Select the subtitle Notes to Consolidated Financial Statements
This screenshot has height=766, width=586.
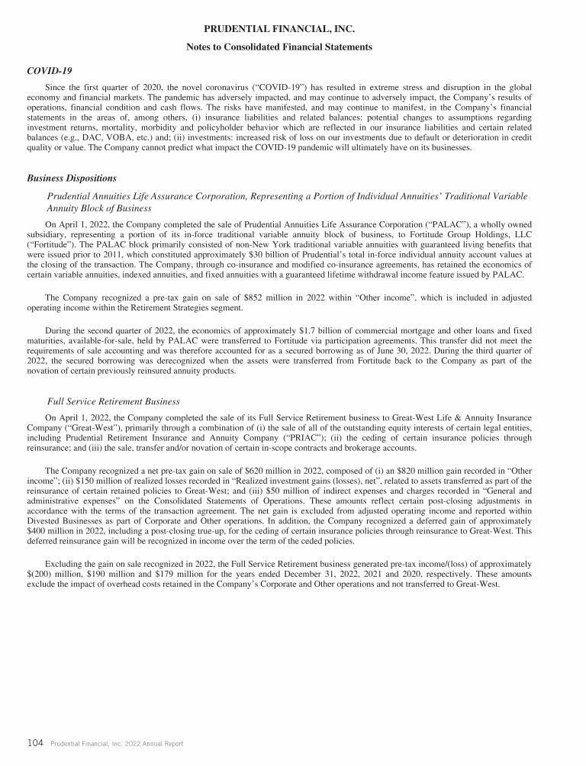pyautogui.click(x=279, y=47)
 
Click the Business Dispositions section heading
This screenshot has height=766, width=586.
pyautogui.click(x=71, y=178)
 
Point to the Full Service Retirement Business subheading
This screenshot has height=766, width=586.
pyautogui.click(x=114, y=401)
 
